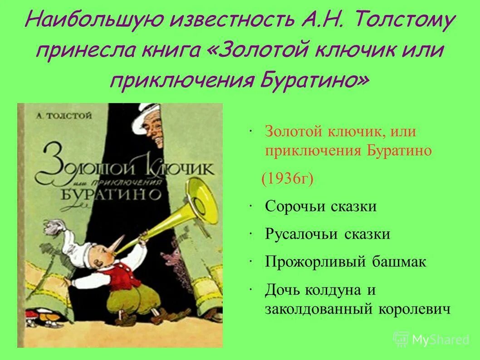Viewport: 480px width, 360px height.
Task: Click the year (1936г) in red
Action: click(x=287, y=178)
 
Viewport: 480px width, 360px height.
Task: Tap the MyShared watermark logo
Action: click(x=431, y=339)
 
